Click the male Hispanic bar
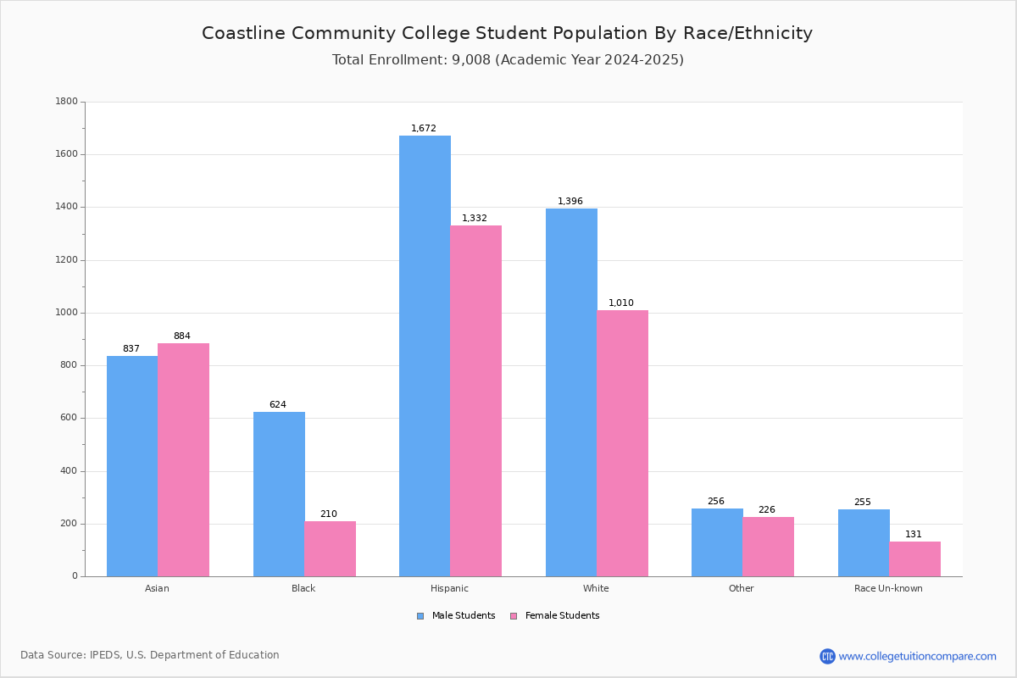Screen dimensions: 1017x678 pyautogui.click(x=425, y=356)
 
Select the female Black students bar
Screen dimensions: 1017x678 pyautogui.click(x=330, y=549)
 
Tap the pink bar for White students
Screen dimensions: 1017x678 pyautogui.click(x=622, y=444)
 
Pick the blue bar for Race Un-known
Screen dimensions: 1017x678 pyautogui.click(x=864, y=543)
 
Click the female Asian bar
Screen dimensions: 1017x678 pyautogui.click(x=183, y=460)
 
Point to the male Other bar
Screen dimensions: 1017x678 pyautogui.click(x=717, y=542)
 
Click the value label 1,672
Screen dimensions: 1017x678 pyautogui.click(x=424, y=129)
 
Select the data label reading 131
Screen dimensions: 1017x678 pyautogui.click(x=914, y=534)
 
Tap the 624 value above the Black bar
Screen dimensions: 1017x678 pyautogui.click(x=278, y=404)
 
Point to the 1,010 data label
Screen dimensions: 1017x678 pyautogui.click(x=621, y=303)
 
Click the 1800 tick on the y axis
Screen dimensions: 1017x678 pyautogui.click(x=67, y=101)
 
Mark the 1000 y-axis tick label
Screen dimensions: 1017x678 pyautogui.click(x=67, y=313)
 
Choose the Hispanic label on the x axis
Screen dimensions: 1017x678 pyautogui.click(x=449, y=588)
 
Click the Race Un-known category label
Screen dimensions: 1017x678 pyautogui.click(x=888, y=588)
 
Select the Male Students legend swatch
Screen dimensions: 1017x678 pyautogui.click(x=420, y=616)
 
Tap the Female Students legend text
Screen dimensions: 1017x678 pyautogui.click(x=563, y=616)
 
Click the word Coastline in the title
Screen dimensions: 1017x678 pyautogui.click(x=243, y=33)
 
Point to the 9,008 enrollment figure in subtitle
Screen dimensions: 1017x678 pyautogui.click(x=471, y=60)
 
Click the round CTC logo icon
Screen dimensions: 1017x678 pyautogui.click(x=828, y=656)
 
